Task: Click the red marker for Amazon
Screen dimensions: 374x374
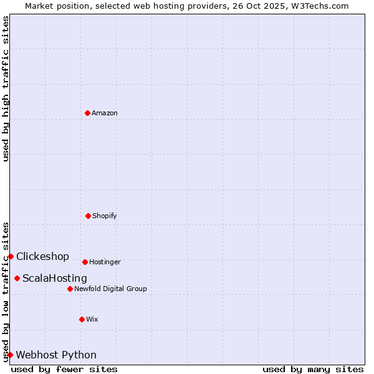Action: tap(87, 113)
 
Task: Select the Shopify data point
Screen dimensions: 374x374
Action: tap(88, 216)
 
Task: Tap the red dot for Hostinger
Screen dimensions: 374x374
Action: tap(85, 262)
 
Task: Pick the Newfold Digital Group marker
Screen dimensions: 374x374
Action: tap(70, 289)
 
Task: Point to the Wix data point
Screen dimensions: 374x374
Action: tap(82, 319)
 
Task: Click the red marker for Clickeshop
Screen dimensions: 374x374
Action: tap(11, 256)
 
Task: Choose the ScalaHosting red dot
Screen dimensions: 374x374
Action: tap(17, 278)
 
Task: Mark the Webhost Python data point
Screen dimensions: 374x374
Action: tap(10, 355)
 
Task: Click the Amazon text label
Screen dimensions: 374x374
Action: tap(105, 113)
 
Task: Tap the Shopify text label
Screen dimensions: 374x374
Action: tap(105, 216)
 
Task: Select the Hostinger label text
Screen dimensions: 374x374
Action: tap(105, 262)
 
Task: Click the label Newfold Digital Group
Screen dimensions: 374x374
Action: tap(110, 289)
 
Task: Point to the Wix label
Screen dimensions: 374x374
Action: tap(92, 319)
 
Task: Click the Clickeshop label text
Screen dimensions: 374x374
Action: tap(42, 256)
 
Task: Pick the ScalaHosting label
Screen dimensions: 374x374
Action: tap(55, 278)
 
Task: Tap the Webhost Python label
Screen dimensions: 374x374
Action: tap(56, 355)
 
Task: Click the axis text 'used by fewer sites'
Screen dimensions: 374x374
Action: tap(64, 369)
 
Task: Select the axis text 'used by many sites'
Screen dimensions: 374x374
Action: tap(313, 369)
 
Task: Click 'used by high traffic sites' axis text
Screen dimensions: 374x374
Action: tap(6, 89)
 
